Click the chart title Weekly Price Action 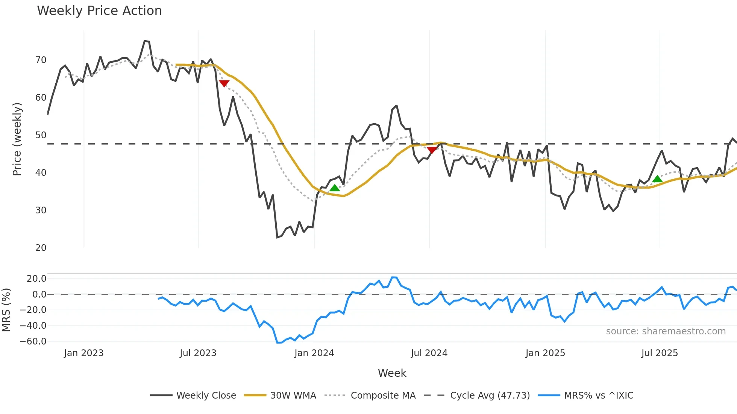click(99, 11)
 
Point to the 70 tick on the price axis click(41, 60)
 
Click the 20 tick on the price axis click(41, 248)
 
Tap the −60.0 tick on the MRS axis click(33, 341)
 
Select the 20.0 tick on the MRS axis click(36, 279)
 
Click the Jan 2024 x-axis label click(314, 353)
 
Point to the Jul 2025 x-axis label click(660, 353)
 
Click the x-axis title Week click(392, 373)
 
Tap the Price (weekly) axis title click(17, 139)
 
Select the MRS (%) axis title click(6, 310)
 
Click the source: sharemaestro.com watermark click(666, 331)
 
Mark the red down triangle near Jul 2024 click(432, 150)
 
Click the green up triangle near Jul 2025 click(657, 179)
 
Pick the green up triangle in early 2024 click(335, 188)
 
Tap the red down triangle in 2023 click(224, 83)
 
